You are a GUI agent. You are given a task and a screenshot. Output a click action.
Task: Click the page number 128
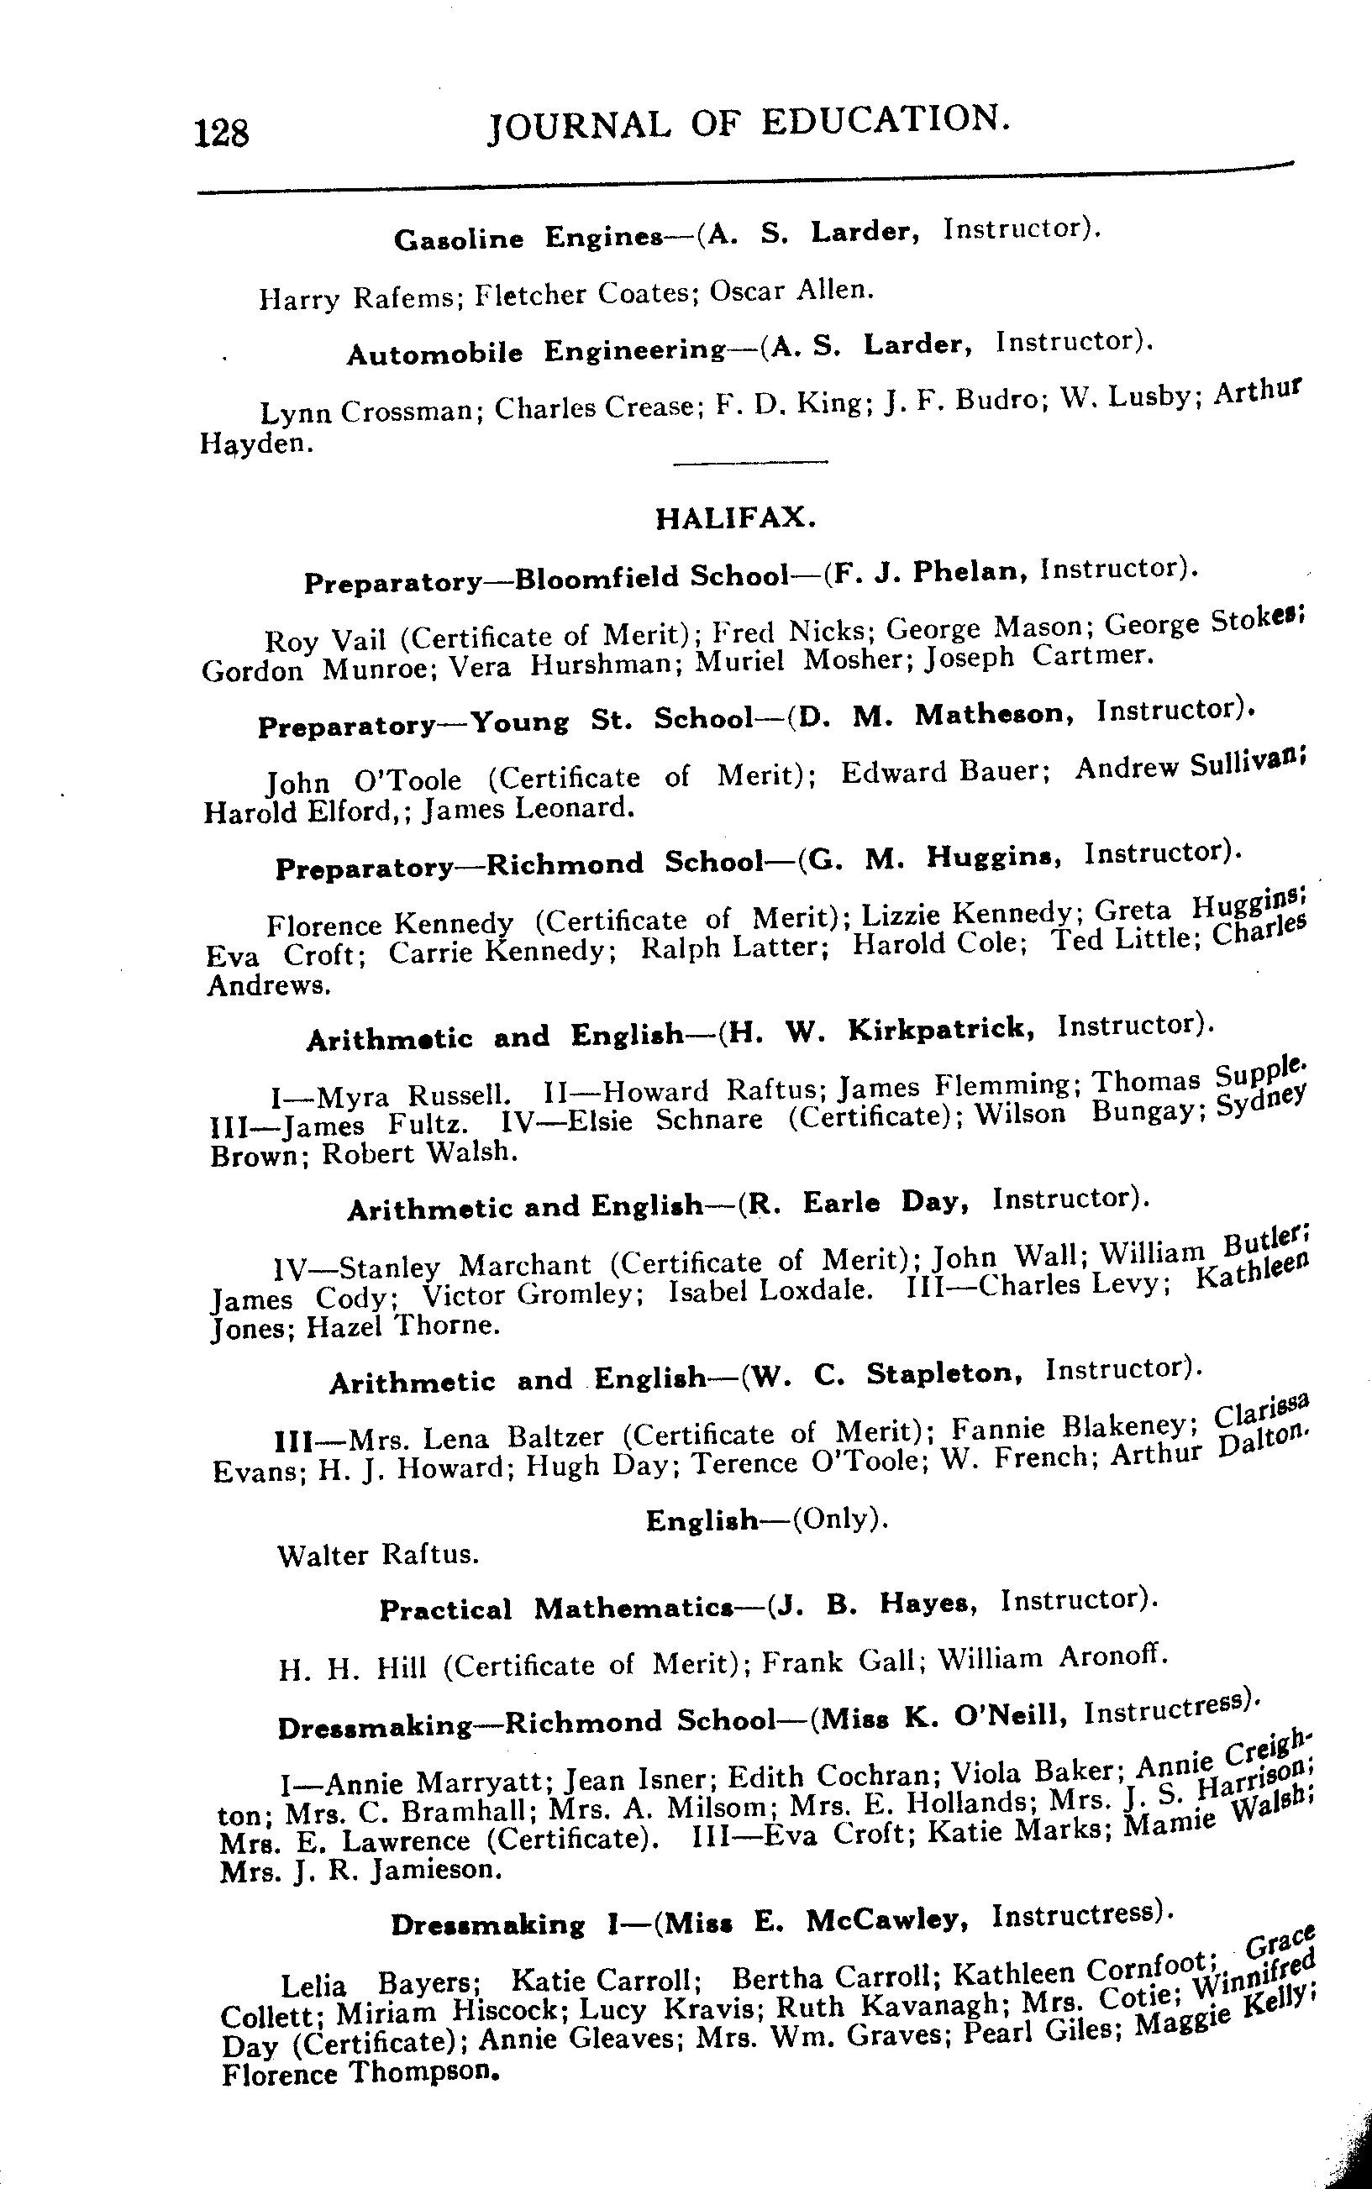point(220,134)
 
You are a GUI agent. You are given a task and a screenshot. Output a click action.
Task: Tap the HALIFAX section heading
point(736,518)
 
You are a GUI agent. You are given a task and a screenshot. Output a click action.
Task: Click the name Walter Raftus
point(377,1555)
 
